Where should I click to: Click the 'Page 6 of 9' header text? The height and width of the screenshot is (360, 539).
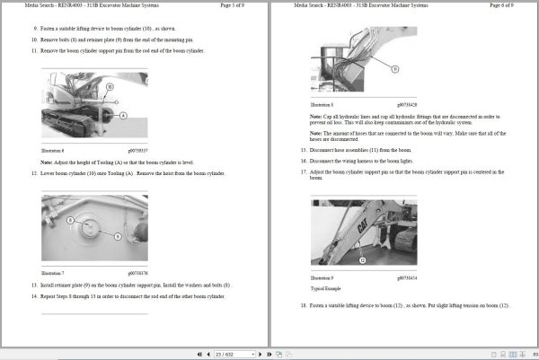click(508, 6)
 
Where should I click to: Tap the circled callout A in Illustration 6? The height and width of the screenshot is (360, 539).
click(122, 115)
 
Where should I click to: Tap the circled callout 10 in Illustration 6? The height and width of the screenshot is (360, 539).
click(109, 87)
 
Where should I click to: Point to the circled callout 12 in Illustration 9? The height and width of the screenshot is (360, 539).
click(362, 259)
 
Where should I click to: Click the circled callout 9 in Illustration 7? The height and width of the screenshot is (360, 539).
click(117, 234)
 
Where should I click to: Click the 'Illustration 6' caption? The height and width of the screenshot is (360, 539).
click(53, 150)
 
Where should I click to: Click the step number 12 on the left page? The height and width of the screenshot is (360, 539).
click(34, 173)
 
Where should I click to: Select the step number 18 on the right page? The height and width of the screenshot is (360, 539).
click(304, 306)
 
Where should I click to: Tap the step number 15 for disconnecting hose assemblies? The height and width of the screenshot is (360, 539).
click(304, 149)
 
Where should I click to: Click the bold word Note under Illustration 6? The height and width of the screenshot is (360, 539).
click(46, 161)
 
